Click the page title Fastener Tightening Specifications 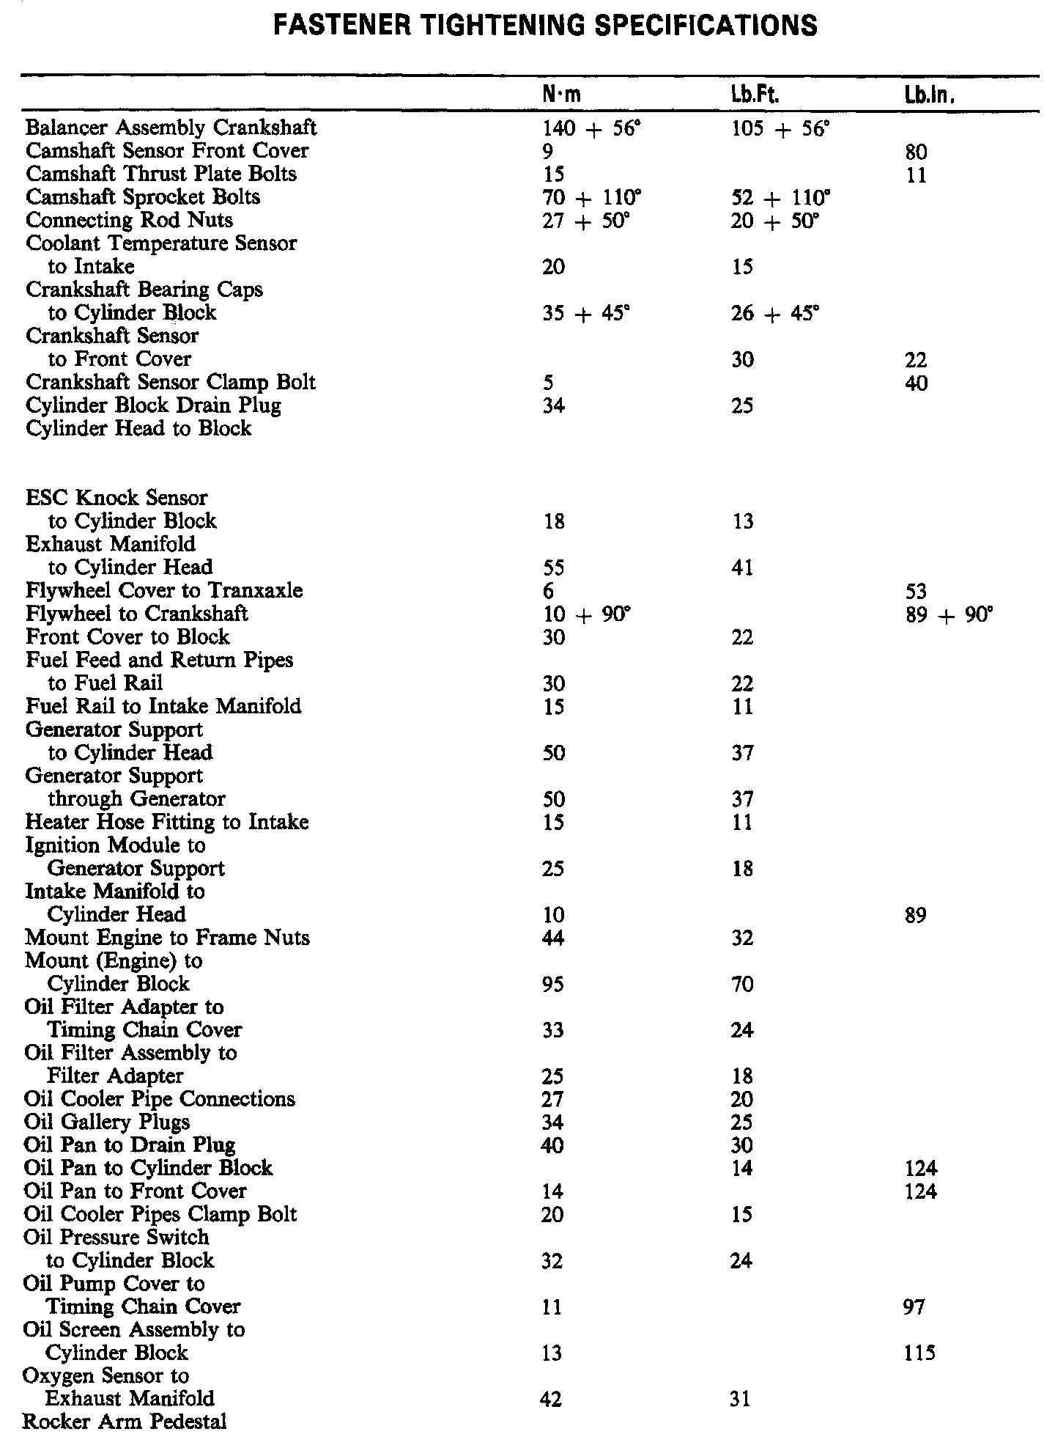point(544,26)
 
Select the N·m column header point(562,95)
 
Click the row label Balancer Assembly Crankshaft point(171,128)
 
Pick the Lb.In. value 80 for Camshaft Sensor point(916,152)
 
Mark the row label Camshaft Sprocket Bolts point(143,197)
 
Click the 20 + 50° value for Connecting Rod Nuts point(775,221)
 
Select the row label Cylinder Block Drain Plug point(153,405)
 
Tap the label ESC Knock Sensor point(116,498)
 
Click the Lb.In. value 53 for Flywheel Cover point(916,591)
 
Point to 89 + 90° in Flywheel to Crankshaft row point(949,614)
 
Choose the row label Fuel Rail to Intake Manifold point(163,706)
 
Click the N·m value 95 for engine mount point(553,984)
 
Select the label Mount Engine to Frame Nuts point(167,938)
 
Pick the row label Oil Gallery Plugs point(107,1122)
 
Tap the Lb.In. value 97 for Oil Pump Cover point(914,1306)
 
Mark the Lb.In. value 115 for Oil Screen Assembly point(920,1353)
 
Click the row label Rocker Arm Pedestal point(125,1421)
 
